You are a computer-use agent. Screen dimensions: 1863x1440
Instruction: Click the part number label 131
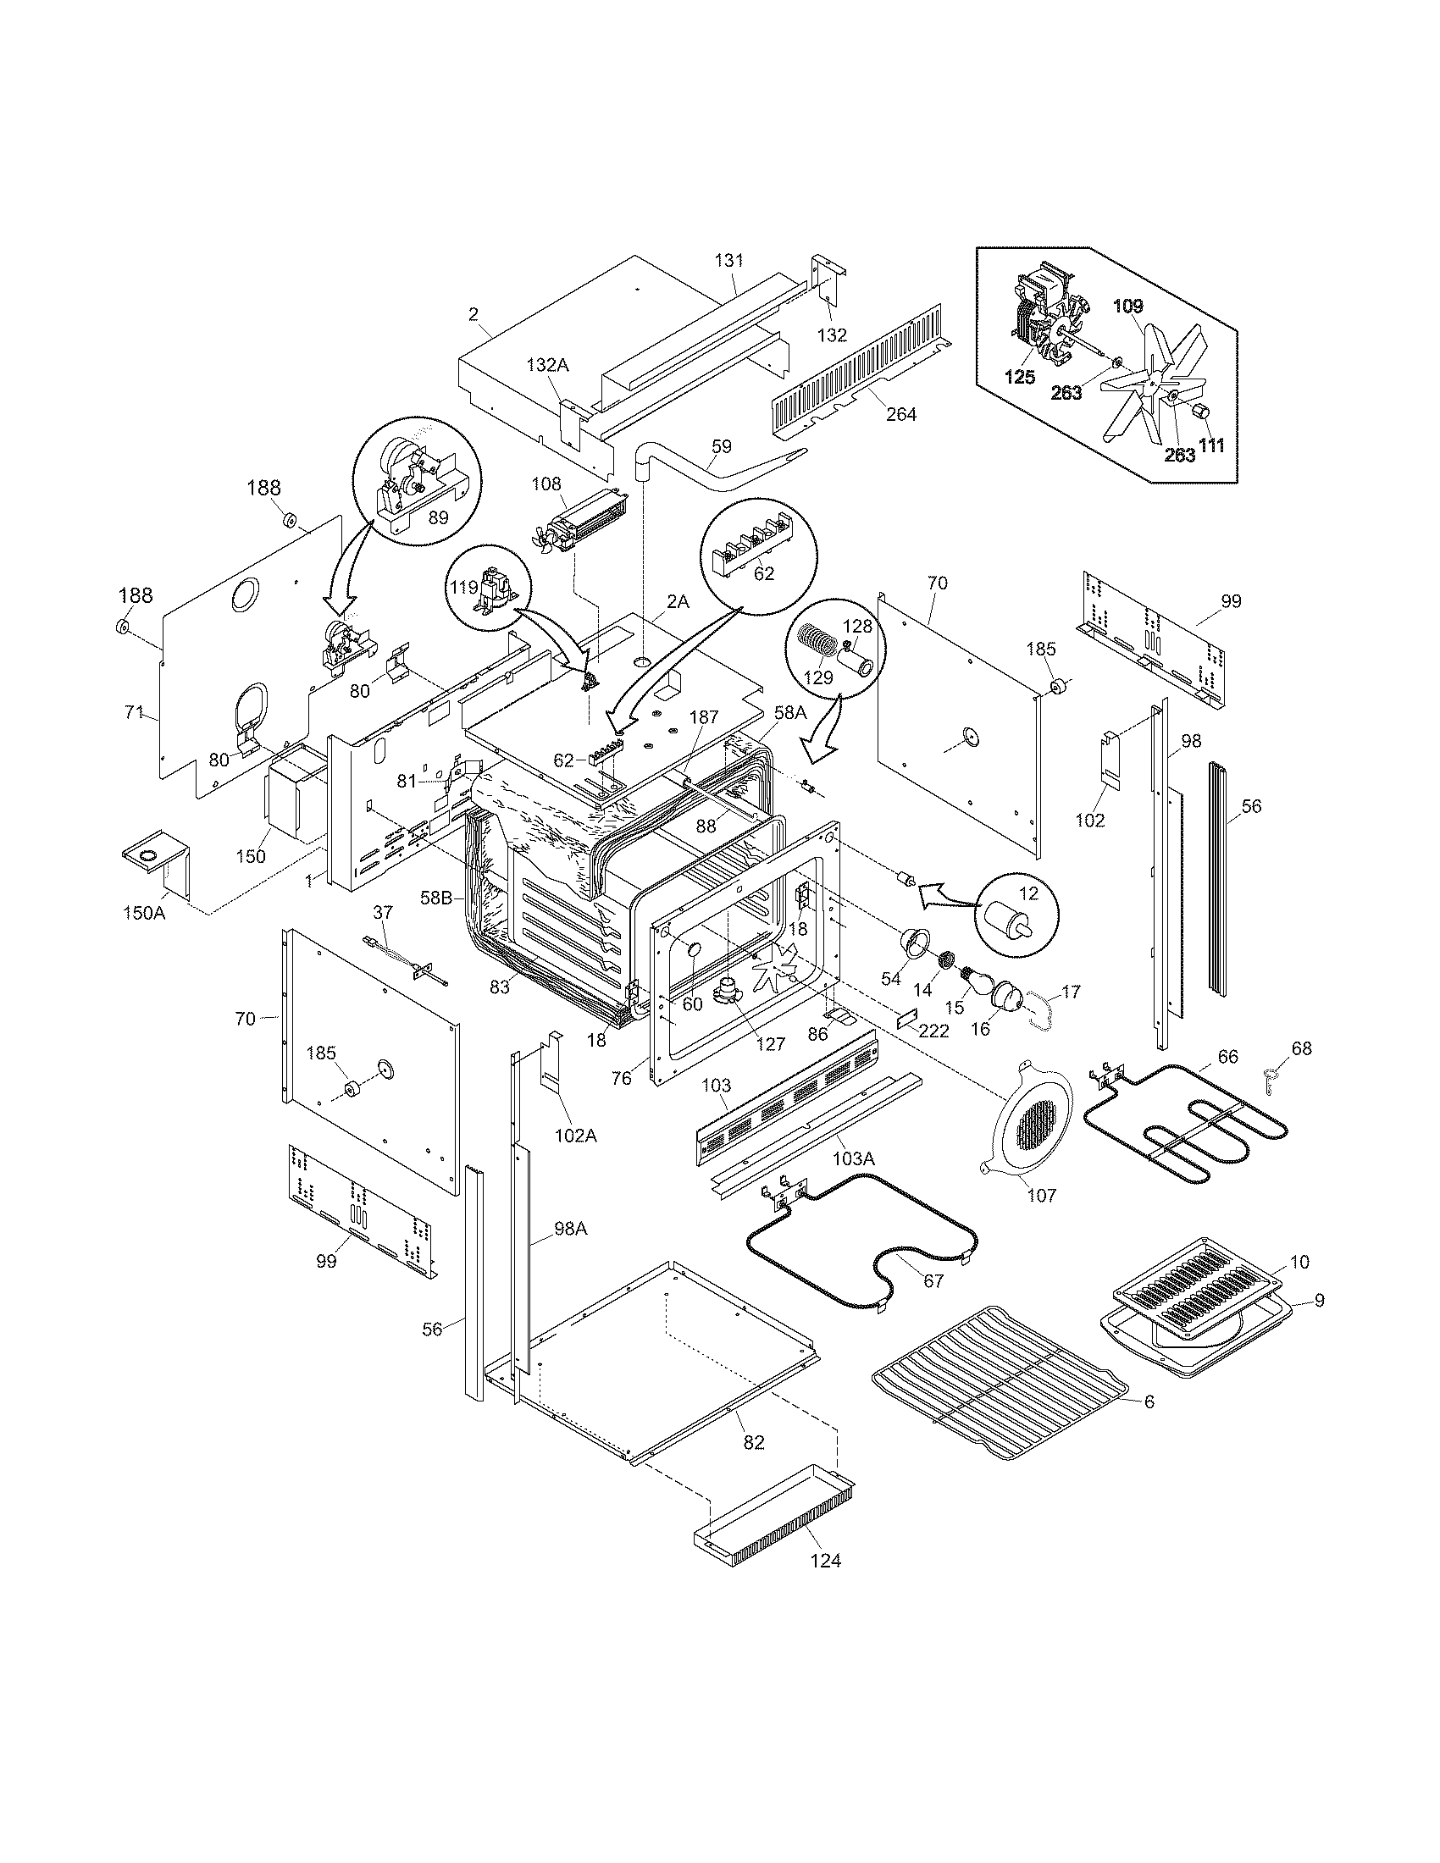(729, 261)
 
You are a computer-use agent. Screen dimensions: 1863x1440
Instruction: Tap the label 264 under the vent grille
(901, 414)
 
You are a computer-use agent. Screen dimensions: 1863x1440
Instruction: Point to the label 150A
(142, 914)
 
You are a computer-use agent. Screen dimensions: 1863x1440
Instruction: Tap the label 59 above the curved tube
(721, 445)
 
